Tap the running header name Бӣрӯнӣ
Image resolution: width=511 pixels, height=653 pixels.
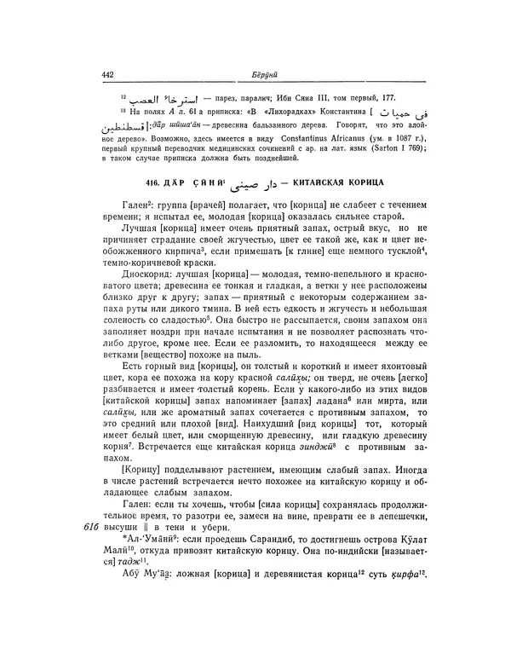click(262, 75)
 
